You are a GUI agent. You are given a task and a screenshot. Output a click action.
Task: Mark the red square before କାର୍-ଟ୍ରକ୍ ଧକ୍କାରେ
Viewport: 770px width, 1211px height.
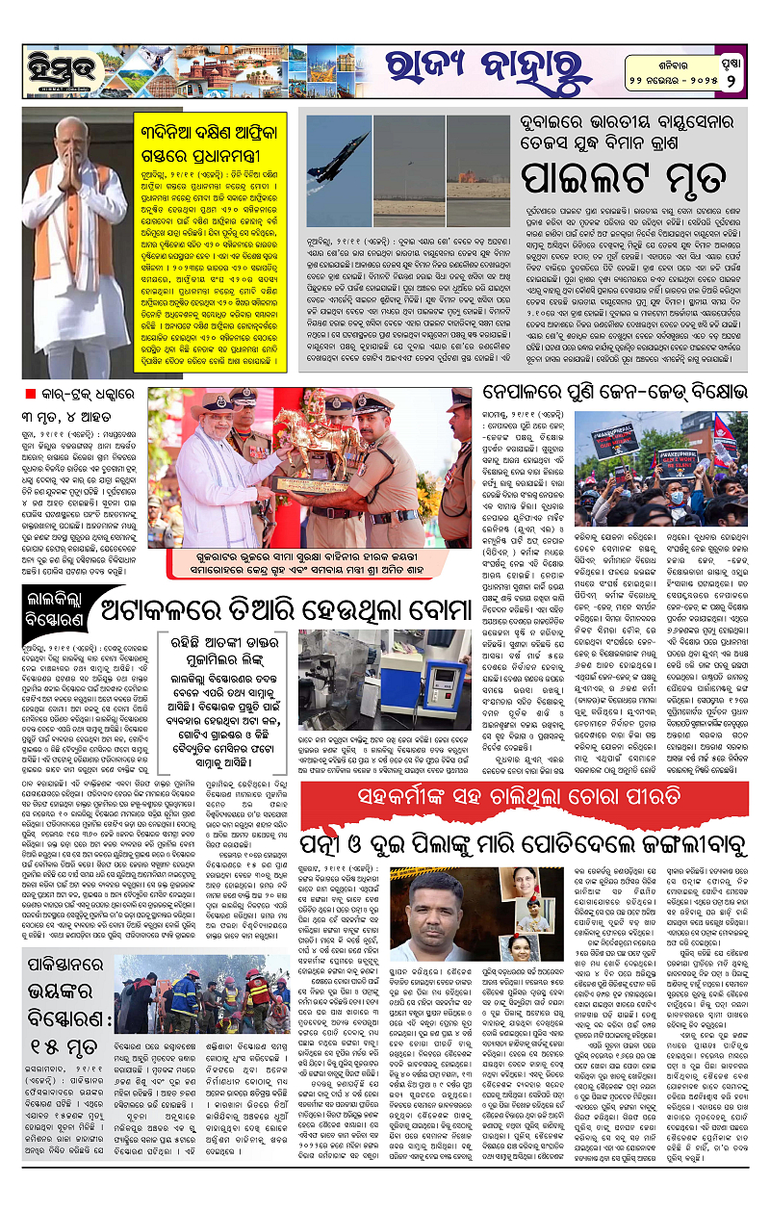(31, 392)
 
